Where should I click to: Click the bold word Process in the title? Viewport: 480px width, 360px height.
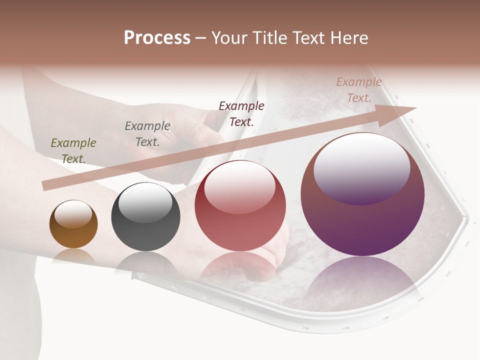click(157, 38)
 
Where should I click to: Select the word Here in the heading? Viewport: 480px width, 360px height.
click(349, 38)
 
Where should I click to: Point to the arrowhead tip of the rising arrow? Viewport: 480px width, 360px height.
click(415, 108)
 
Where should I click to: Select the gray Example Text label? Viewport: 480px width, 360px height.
click(147, 134)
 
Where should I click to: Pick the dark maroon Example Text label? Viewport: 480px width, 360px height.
click(241, 114)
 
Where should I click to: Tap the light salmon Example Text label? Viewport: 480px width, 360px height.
click(359, 90)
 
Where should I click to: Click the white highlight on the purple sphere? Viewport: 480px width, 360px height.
click(361, 167)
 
